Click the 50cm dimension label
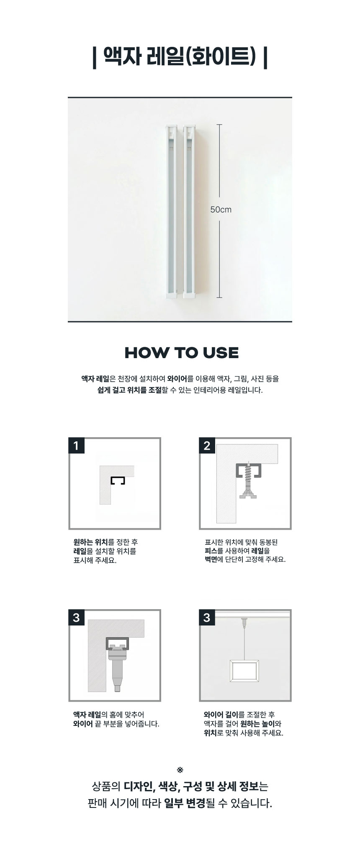click(221, 209)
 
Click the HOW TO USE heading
click(182, 353)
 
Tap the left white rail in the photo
click(171, 211)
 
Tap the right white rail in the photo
click(190, 211)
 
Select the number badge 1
click(76, 446)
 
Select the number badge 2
click(207, 446)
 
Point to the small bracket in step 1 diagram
click(118, 481)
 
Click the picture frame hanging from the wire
click(244, 671)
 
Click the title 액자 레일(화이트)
click(180, 56)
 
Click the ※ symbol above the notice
click(180, 770)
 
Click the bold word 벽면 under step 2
click(211, 559)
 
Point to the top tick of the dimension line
click(219, 125)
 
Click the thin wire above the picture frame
click(244, 644)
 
